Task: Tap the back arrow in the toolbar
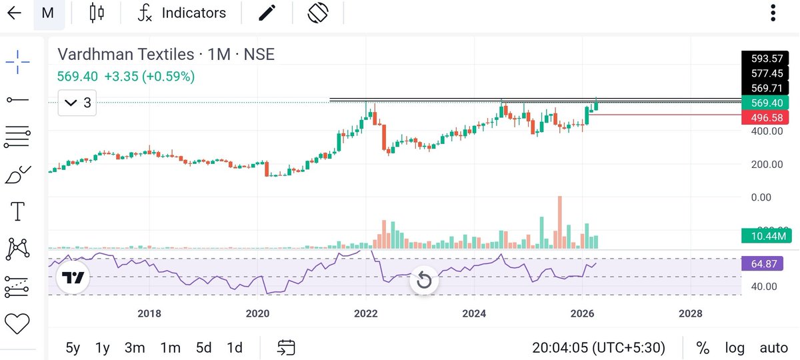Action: (14, 13)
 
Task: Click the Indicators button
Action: (182, 13)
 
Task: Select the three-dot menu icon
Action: (773, 13)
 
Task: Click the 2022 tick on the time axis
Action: (365, 313)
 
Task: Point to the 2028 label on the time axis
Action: (690, 313)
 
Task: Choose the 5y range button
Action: (73, 347)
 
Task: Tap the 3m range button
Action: (135, 347)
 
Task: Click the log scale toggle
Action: (735, 347)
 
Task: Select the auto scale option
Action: (773, 347)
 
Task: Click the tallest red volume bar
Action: (559, 222)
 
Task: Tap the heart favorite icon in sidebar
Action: (17, 324)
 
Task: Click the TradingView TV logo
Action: (73, 278)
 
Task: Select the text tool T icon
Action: (17, 212)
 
